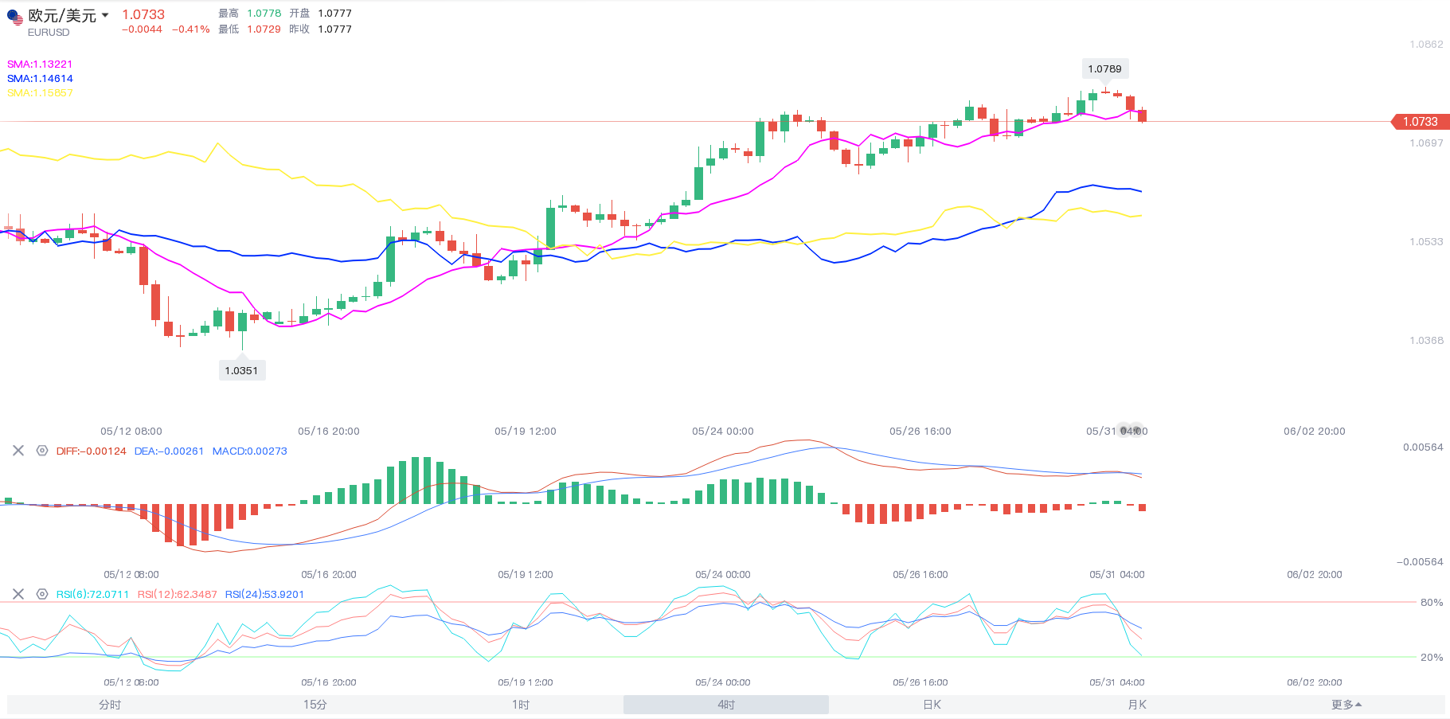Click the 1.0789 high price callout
[1104, 69]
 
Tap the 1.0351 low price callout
[241, 370]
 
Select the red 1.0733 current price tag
[1421, 122]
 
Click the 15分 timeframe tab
[315, 705]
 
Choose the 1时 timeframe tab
[521, 705]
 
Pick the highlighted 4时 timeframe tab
[726, 705]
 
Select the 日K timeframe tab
[932, 705]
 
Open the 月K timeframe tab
[1137, 705]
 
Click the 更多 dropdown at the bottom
[1346, 705]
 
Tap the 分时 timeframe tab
[110, 705]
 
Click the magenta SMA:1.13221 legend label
[40, 64]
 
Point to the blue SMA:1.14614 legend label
[40, 79]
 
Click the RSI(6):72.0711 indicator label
[92, 595]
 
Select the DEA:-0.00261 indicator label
[169, 451]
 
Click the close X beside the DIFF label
[18, 451]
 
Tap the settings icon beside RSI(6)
[42, 594]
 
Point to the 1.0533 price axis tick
[1426, 242]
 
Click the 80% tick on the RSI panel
[1432, 603]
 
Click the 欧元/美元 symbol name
[62, 16]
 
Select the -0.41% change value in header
[191, 29]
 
